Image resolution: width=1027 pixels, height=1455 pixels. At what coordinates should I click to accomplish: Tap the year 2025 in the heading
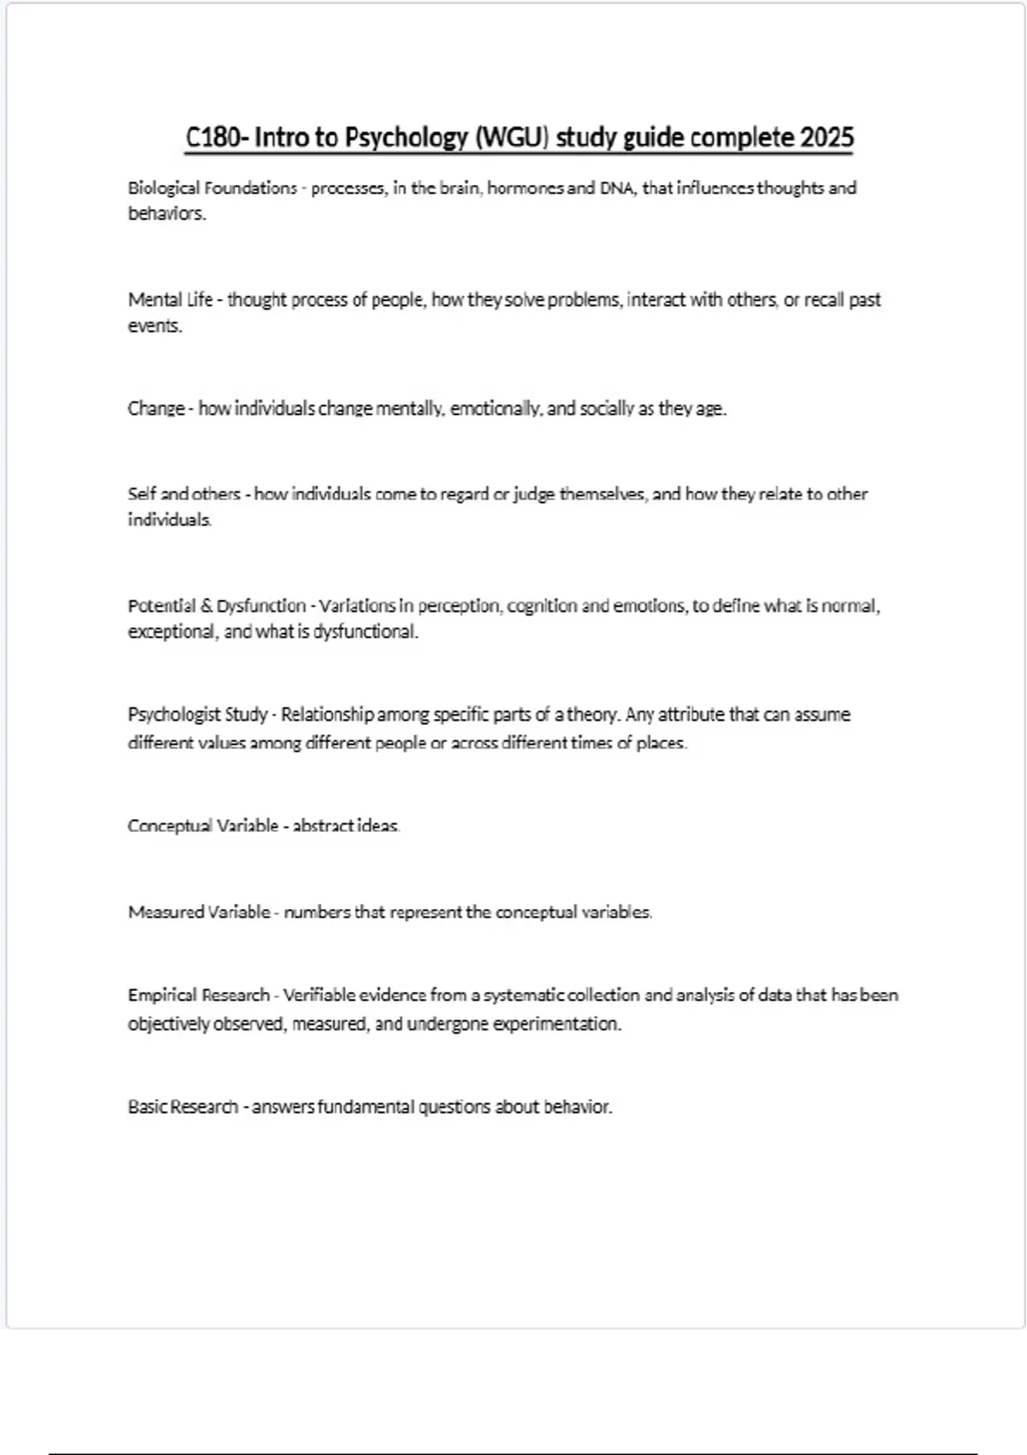(x=827, y=137)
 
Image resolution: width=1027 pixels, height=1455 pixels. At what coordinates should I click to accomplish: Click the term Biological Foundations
(x=212, y=188)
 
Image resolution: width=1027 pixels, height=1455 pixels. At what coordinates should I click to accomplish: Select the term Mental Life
(x=170, y=300)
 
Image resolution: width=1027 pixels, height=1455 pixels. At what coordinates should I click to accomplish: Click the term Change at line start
(x=156, y=408)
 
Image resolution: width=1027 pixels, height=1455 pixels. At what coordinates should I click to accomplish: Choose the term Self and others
(x=184, y=494)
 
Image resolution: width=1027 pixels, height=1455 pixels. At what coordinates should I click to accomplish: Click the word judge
(x=532, y=494)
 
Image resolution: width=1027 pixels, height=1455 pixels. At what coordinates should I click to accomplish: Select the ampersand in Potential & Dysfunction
(x=206, y=606)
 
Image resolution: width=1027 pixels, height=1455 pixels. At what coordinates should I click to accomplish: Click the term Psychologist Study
(x=198, y=715)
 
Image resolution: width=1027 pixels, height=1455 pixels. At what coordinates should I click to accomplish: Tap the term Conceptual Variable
(x=203, y=826)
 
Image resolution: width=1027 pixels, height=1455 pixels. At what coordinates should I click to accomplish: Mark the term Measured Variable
(x=199, y=912)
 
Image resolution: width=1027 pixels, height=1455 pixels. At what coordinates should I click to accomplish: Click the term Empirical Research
(x=199, y=995)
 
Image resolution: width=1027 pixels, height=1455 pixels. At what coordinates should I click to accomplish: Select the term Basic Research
(x=183, y=1107)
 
